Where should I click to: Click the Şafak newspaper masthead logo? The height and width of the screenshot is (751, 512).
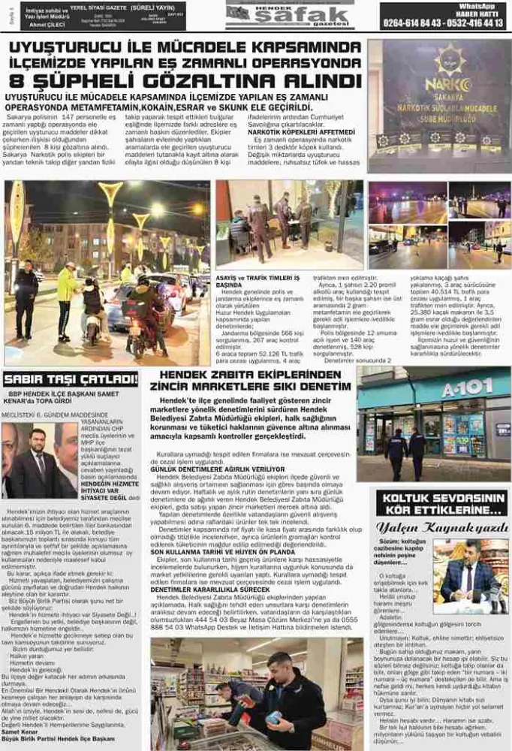289,16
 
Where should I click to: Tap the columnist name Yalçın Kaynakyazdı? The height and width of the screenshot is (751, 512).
442,527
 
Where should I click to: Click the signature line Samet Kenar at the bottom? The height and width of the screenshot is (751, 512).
21,731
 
